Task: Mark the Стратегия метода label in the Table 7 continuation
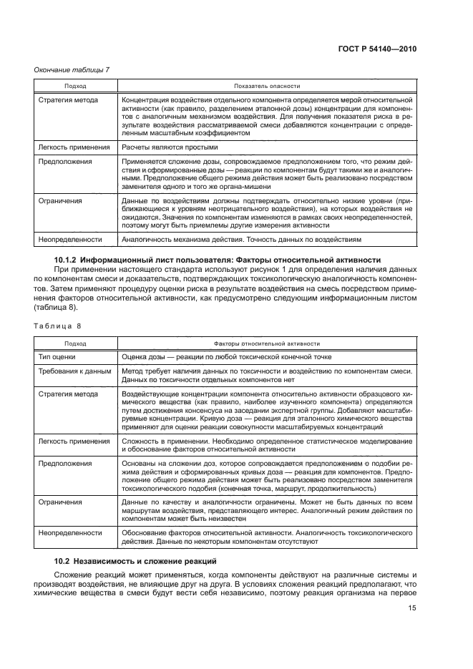[x=68, y=99]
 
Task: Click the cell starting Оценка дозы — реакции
[x=227, y=356]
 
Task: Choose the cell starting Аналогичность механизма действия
[x=243, y=239]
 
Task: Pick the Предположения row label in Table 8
[x=65, y=464]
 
